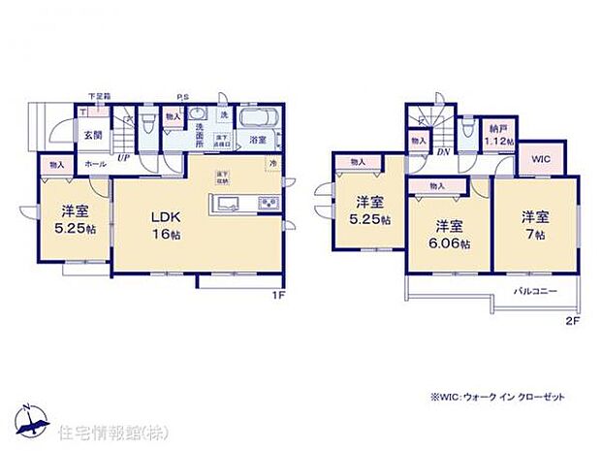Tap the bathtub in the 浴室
pos(258,121)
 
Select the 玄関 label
pos(91,136)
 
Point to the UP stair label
pos(123,157)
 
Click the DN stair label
pos(444,152)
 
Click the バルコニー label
pos(532,289)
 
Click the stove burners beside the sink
pos(266,203)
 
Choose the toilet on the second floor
pos(469,129)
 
